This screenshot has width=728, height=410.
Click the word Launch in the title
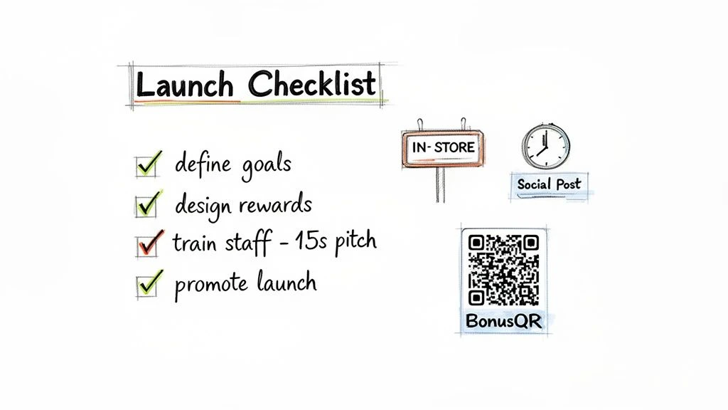[183, 85]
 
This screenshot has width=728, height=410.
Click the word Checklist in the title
[312, 85]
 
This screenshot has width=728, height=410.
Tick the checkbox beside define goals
[145, 167]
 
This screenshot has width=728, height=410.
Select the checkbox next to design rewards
[145, 206]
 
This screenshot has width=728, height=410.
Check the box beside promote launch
[145, 285]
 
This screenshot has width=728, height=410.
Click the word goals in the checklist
[264, 165]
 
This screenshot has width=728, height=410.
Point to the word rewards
[274, 205]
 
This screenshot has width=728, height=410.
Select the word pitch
[352, 243]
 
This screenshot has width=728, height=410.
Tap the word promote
[210, 284]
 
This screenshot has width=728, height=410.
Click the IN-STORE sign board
[442, 148]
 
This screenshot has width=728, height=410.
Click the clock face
[545, 145]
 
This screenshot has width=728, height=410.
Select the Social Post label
[548, 184]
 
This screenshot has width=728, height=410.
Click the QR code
[503, 269]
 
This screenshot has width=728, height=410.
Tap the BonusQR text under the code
[503, 321]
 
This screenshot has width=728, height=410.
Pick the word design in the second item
[203, 205]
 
